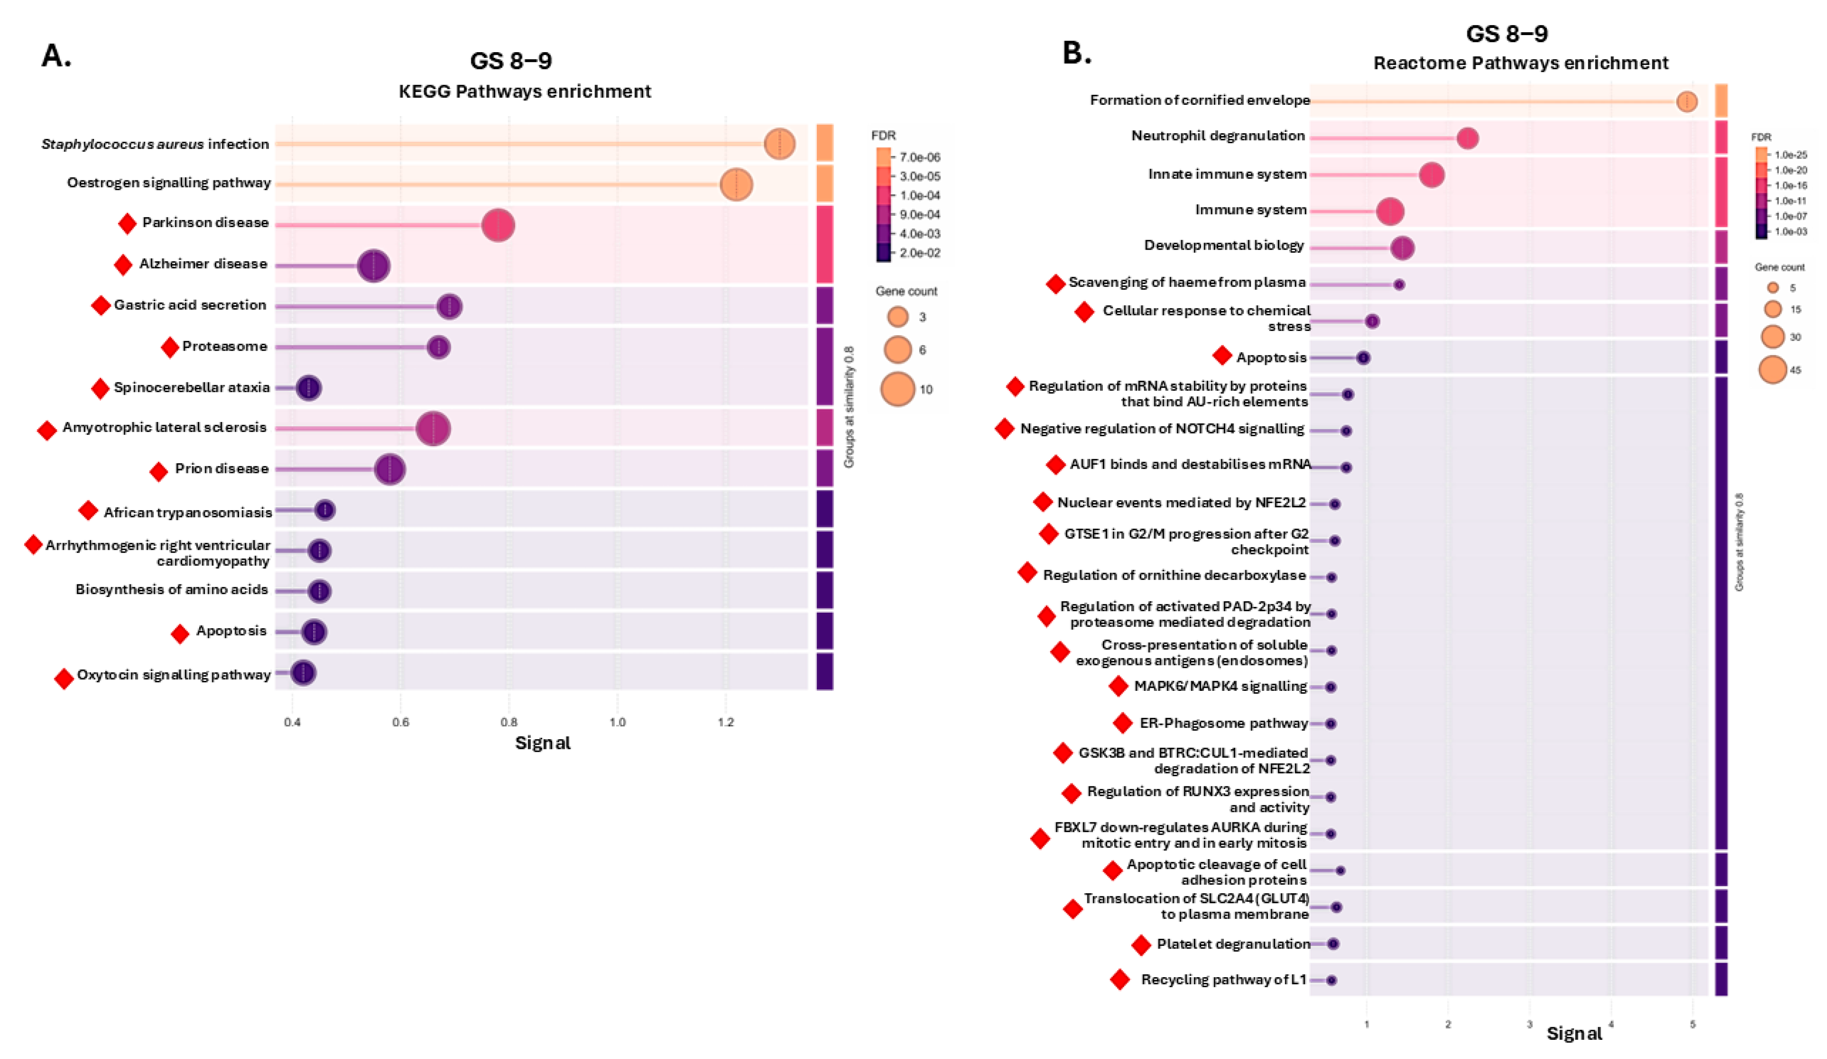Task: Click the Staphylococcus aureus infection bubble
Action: click(x=779, y=144)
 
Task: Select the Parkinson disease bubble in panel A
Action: click(x=498, y=225)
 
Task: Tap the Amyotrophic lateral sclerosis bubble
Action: click(x=433, y=428)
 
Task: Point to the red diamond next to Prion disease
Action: click(x=158, y=472)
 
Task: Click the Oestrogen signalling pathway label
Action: click(x=169, y=183)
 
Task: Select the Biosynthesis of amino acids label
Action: click(x=172, y=589)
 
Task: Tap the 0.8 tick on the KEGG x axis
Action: click(x=509, y=722)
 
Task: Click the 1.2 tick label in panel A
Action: click(x=725, y=722)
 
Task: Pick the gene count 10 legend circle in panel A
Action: click(x=897, y=389)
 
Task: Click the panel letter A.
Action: click(x=56, y=56)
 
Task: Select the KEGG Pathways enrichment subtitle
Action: click(x=525, y=91)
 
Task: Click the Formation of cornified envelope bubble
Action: click(x=1687, y=101)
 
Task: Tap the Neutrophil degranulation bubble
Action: click(x=1467, y=138)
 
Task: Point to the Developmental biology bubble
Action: click(x=1402, y=248)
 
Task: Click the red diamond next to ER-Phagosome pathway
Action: click(x=1123, y=723)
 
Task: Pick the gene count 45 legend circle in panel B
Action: click(x=1773, y=370)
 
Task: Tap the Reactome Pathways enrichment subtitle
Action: click(x=1520, y=63)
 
